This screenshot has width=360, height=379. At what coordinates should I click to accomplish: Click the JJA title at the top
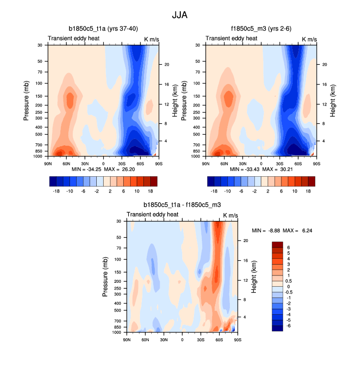(180, 15)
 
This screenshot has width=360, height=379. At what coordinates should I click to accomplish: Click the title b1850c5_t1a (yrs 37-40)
(103, 29)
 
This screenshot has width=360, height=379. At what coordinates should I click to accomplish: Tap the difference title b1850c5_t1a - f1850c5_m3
(182, 205)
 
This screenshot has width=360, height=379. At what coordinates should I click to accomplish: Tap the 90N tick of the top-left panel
(48, 163)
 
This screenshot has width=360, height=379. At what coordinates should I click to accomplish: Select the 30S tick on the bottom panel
(200, 339)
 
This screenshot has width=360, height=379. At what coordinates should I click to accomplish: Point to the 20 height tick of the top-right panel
(325, 65)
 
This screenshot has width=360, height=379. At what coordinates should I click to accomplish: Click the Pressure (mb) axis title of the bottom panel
(106, 277)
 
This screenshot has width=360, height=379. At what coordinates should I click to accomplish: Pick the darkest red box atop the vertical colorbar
(277, 244)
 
